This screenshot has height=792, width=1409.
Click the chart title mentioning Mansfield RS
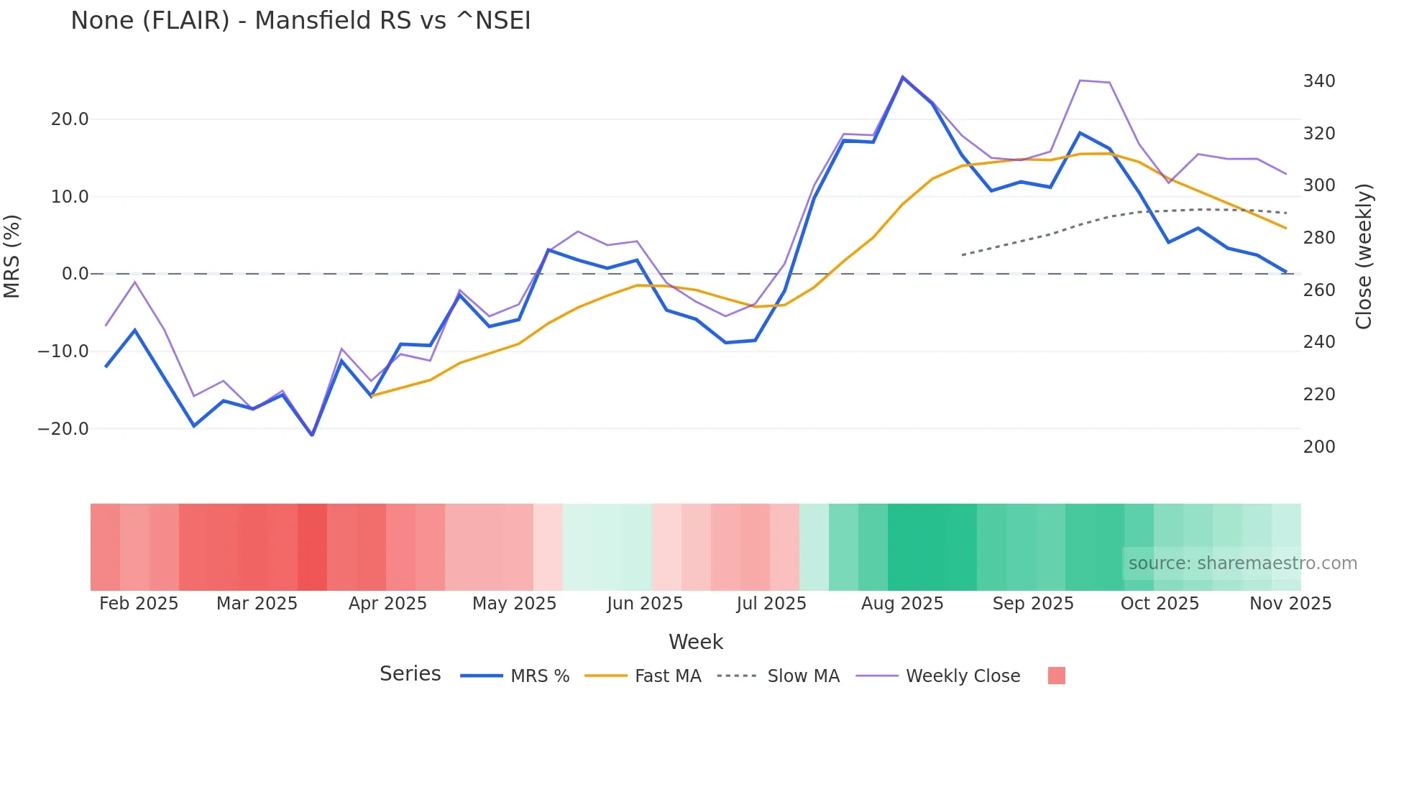[300, 21]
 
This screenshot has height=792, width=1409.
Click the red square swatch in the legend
[1056, 676]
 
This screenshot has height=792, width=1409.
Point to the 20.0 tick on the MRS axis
[70, 119]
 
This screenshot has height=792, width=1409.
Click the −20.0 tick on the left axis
[63, 429]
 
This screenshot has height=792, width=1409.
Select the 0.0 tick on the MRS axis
[75, 274]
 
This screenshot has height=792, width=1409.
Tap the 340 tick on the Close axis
[1319, 81]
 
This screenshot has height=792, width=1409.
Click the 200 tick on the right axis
[1319, 447]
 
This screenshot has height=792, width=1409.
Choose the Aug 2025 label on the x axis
[902, 604]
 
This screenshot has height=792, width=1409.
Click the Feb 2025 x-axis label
[139, 604]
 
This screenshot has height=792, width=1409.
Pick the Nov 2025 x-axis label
[1290, 604]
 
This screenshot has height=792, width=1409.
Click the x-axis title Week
[696, 642]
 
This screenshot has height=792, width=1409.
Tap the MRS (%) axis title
[12, 256]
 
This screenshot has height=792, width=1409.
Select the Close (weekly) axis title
[1364, 256]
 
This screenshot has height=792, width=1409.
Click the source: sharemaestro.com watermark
[1242, 563]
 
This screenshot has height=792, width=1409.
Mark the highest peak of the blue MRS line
[903, 77]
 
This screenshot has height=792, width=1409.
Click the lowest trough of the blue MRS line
[312, 435]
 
